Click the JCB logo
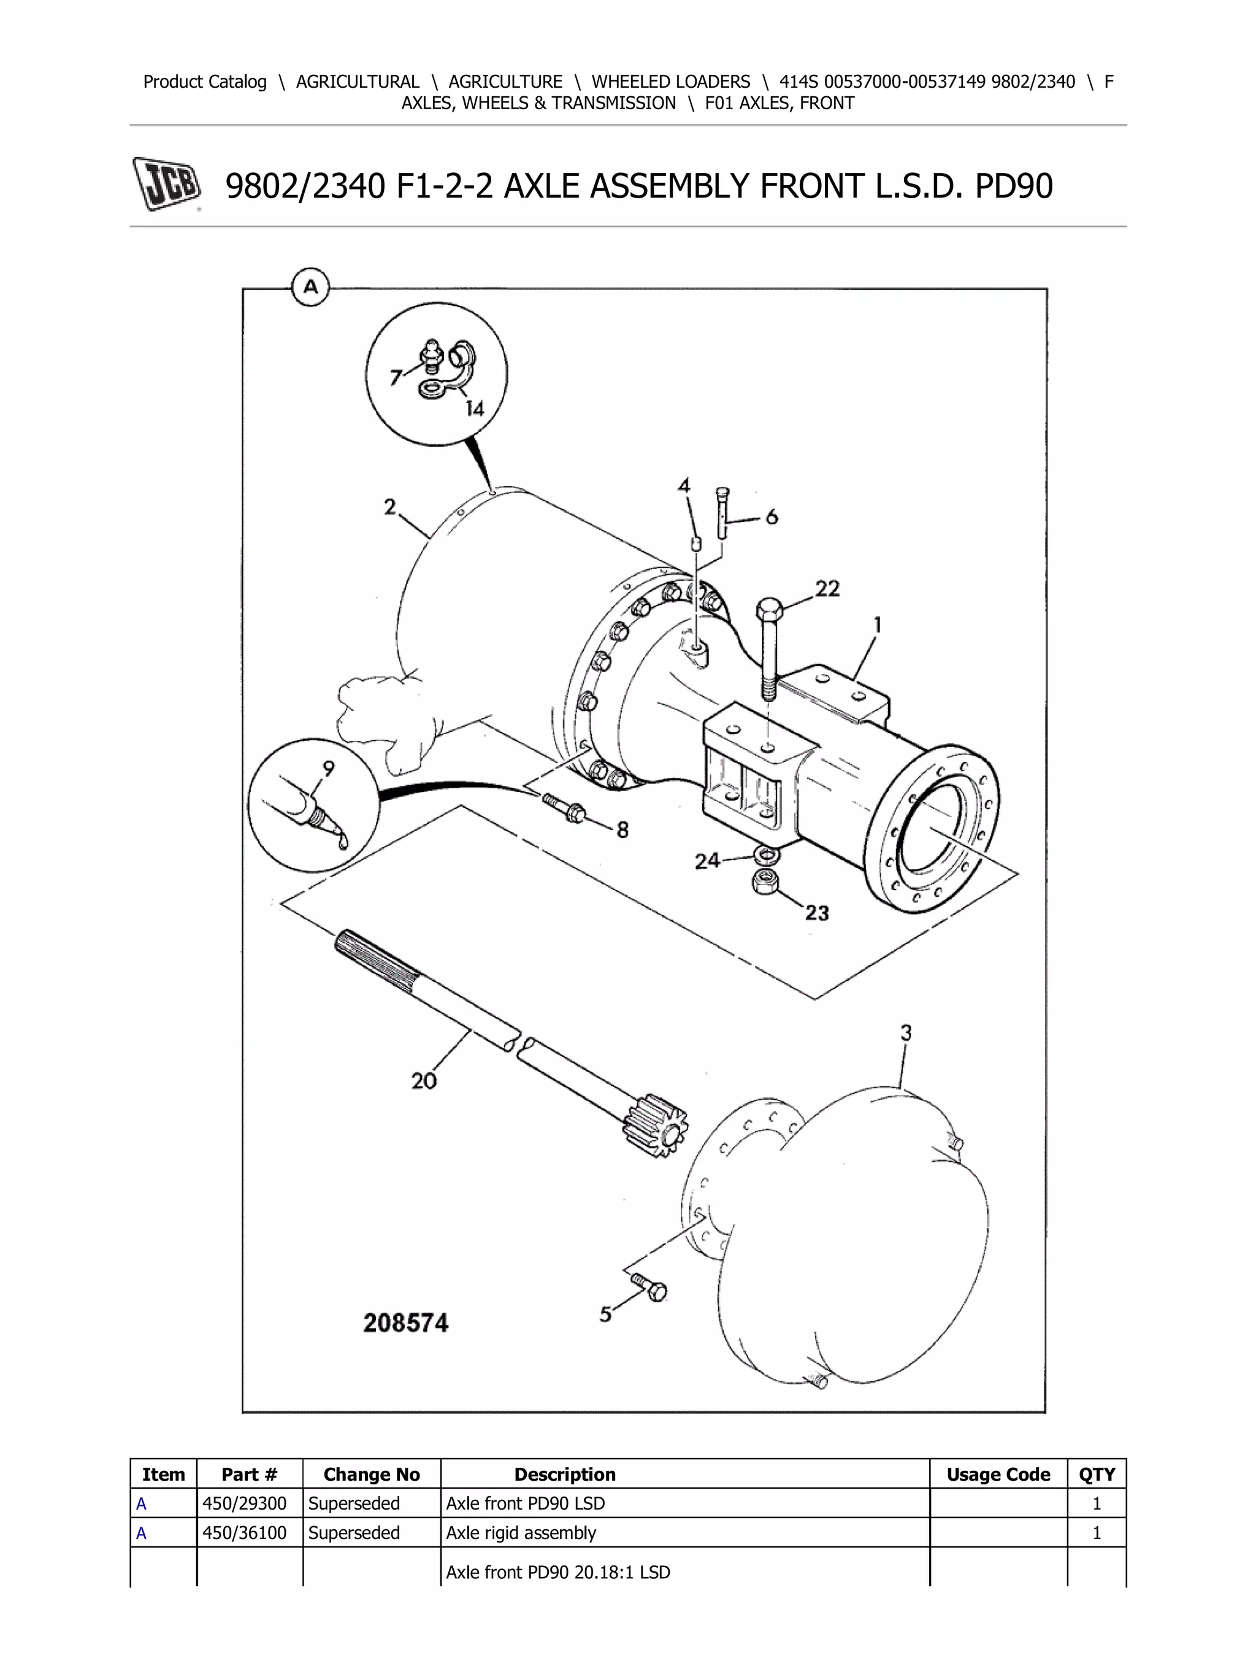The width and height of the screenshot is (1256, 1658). [167, 183]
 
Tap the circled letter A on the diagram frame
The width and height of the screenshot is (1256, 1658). [310, 287]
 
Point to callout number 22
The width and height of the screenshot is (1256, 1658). [827, 588]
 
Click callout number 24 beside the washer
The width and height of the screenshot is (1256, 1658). [706, 861]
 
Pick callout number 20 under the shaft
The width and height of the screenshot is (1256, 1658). [423, 1080]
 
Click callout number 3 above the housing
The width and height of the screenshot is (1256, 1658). [905, 1033]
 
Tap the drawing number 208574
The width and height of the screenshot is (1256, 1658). [405, 1323]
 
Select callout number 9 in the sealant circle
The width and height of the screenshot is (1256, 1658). [328, 769]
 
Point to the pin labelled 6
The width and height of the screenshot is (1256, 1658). [722, 513]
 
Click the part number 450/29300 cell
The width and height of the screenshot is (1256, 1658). [244, 1503]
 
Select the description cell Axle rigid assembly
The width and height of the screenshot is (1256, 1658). [521, 1533]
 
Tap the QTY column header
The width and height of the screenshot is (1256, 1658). [1097, 1475]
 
